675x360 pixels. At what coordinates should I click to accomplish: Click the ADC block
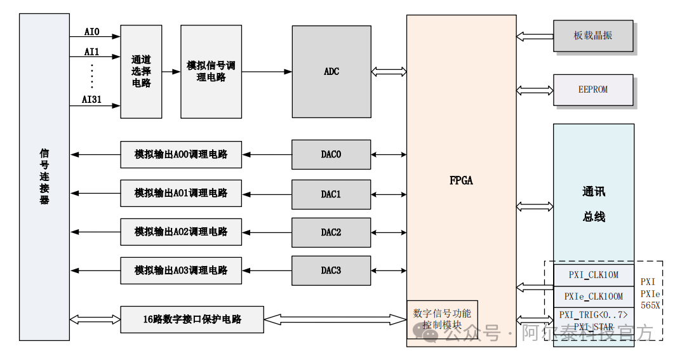pos(331,71)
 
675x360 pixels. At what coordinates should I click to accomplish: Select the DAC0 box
pos(331,154)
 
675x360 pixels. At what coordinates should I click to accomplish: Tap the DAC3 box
pos(331,270)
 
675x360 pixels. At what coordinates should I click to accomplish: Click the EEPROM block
pos(593,90)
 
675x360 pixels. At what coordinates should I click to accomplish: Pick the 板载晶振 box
pos(593,36)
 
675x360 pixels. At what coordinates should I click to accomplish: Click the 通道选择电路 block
pos(141,71)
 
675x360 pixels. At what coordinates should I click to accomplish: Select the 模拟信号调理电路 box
pos(211,71)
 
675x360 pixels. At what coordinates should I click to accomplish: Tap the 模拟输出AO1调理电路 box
pos(181,193)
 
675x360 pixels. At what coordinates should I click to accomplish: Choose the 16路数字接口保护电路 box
pos(192,319)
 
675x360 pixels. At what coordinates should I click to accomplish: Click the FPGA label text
pos(461,180)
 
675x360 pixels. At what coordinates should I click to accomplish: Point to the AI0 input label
pos(92,31)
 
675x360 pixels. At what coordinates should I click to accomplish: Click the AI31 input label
pos(92,99)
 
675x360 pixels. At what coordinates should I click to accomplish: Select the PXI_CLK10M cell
pos(593,276)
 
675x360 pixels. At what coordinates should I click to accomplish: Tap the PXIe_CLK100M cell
pos(593,297)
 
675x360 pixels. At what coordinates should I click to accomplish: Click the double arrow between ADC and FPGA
pos(389,72)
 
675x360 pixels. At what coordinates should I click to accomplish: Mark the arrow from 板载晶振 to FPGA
pos(535,36)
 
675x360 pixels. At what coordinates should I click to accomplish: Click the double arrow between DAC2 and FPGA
pos(389,232)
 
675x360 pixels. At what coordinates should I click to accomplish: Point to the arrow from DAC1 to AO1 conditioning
pos(267,194)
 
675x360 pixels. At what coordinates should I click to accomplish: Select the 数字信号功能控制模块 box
pos(442,319)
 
